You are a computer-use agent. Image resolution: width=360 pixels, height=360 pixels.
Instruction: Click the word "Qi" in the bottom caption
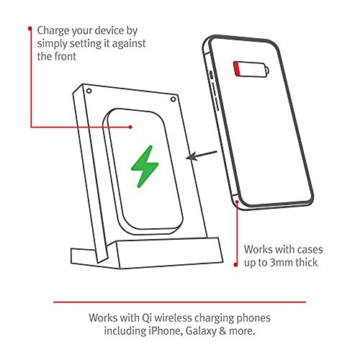pos(147,317)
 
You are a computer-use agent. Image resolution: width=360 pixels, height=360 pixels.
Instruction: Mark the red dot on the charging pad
pos(130,127)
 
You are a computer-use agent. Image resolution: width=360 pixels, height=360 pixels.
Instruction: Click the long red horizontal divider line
pos(179,302)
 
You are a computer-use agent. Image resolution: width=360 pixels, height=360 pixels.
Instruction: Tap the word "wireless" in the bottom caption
pos(178,317)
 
